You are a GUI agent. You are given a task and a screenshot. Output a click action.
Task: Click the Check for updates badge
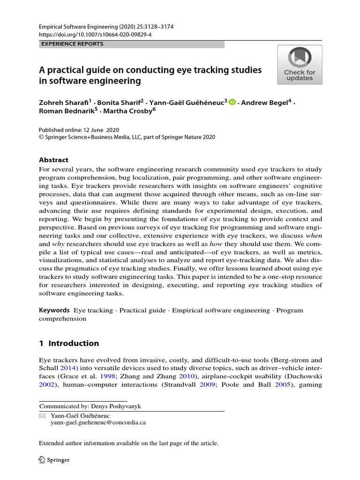pyautogui.click(x=300, y=65)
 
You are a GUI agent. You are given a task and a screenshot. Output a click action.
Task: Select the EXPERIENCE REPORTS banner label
pyautogui.click(x=73, y=44)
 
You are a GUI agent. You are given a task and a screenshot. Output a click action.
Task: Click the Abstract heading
pyautogui.click(x=53, y=160)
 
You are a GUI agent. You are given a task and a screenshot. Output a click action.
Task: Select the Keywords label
pyautogui.click(x=54, y=310)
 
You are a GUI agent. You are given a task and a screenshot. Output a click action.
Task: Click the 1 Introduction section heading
pyautogui.click(x=69, y=343)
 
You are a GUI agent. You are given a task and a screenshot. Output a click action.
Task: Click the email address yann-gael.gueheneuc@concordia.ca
pyautogui.click(x=98, y=422)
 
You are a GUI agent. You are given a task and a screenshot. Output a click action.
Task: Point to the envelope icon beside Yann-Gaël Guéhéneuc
pyautogui.click(x=42, y=415)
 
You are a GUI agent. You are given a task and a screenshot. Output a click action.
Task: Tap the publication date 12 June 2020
pyautogui.click(x=99, y=129)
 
